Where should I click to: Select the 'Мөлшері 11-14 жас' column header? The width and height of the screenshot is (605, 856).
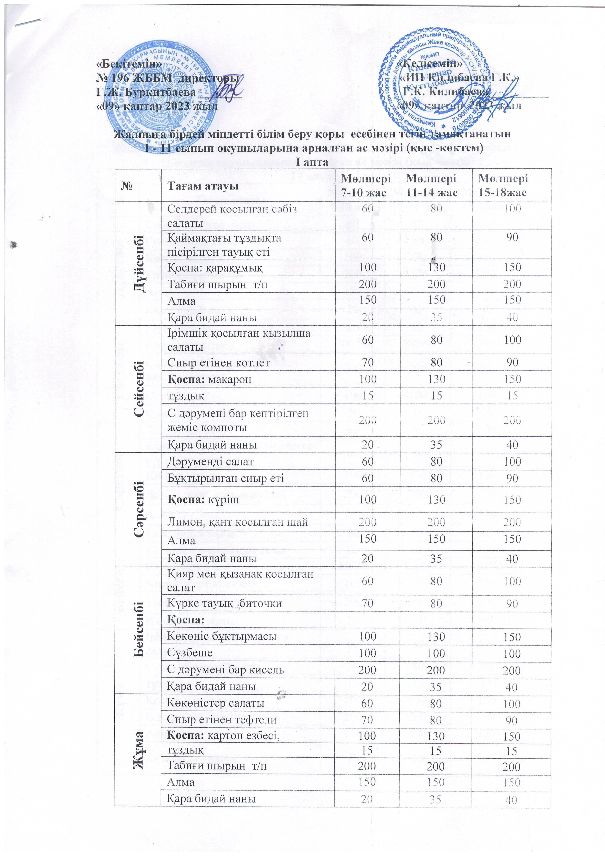click(436, 185)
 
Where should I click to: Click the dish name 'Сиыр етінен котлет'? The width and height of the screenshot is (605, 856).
click(218, 362)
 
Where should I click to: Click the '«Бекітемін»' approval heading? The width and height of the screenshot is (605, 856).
click(129, 64)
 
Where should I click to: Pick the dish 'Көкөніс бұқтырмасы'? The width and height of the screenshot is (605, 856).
click(222, 636)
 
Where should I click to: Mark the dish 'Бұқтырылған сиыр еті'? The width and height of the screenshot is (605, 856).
click(225, 478)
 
